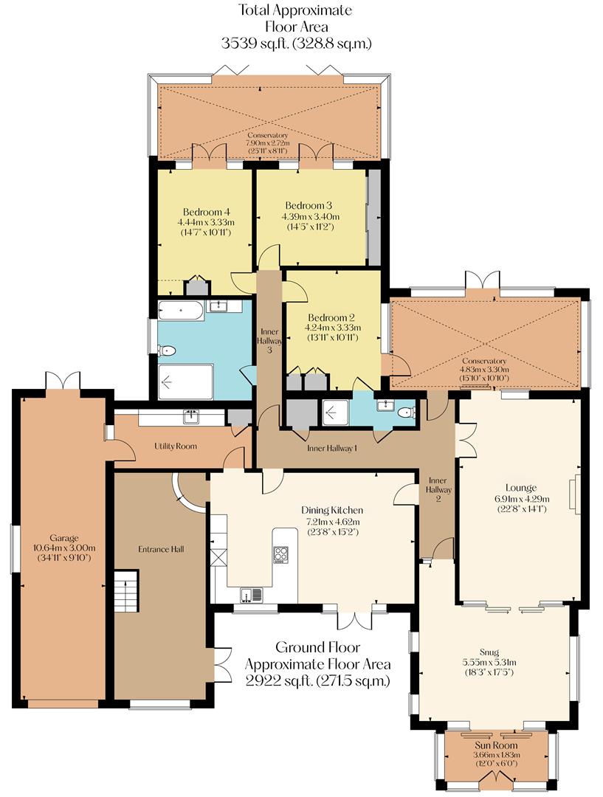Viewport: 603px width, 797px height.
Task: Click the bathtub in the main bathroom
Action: click(180, 310)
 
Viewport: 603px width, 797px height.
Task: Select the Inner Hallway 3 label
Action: click(269, 340)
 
